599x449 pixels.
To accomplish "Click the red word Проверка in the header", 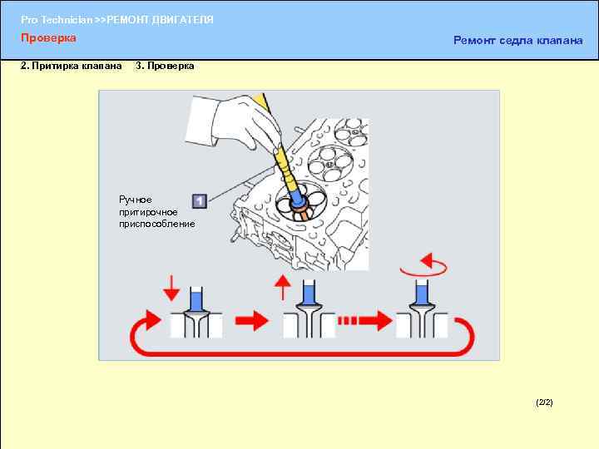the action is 48,38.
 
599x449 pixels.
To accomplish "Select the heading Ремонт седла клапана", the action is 518,41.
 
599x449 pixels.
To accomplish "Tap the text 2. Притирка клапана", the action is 71,66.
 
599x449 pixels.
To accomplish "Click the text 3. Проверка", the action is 165,66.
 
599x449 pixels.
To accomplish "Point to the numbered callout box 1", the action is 199,201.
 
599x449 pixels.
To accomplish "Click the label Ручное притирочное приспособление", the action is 157,211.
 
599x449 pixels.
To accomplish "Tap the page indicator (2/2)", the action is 544,402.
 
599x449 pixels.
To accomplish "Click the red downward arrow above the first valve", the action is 171,289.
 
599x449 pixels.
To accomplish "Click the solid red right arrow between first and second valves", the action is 252,321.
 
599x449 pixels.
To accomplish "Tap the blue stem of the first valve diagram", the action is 196,299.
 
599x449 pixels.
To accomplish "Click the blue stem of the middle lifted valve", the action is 309,292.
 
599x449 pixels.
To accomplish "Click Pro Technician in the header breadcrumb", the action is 57,20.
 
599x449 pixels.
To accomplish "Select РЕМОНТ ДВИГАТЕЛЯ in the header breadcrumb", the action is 160,20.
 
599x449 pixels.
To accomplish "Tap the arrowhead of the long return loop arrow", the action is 153,320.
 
